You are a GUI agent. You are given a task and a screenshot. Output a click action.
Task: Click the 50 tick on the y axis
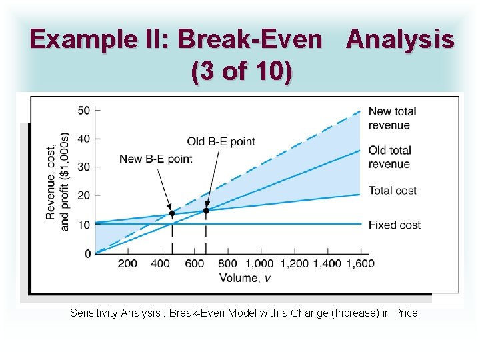pyautogui.click(x=84, y=110)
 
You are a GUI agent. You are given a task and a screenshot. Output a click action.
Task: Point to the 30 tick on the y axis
pyautogui.click(x=84, y=167)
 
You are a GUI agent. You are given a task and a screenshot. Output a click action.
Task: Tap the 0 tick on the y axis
pyautogui.click(x=87, y=253)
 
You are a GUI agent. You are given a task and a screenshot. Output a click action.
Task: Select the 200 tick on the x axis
pyautogui.click(x=127, y=263)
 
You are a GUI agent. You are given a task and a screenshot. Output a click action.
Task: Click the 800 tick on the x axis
pyautogui.click(x=227, y=263)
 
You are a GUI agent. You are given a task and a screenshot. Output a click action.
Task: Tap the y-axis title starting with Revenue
pyautogui.click(x=57, y=181)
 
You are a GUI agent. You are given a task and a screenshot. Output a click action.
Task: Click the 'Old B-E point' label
pyautogui.click(x=221, y=141)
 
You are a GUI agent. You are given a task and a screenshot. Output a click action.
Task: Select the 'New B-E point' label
pyautogui.click(x=155, y=159)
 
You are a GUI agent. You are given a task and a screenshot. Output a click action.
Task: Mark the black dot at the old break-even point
pyautogui.click(x=205, y=211)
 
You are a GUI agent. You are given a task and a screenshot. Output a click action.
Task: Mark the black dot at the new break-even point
pyautogui.click(x=172, y=214)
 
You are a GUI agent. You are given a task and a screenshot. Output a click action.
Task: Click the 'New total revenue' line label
pyautogui.click(x=392, y=118)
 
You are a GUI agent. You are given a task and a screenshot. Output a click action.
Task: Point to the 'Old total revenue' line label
pyautogui.click(x=390, y=157)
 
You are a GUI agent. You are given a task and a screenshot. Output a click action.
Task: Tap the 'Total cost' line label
pyautogui.click(x=392, y=191)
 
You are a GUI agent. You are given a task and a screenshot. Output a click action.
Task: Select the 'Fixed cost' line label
pyautogui.click(x=394, y=225)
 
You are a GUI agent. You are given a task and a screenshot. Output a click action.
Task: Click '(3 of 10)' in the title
pyautogui.click(x=241, y=72)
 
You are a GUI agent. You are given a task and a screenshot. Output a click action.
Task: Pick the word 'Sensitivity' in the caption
pyautogui.click(x=93, y=313)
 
